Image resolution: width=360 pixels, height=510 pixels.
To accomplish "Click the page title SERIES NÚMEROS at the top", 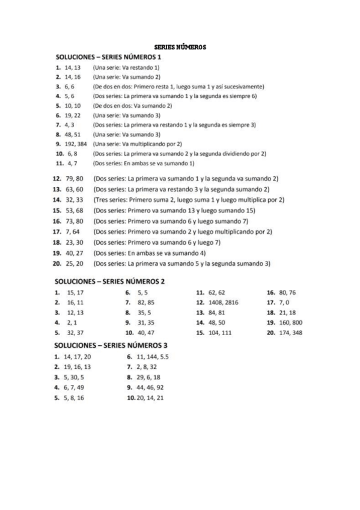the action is click(x=180, y=46).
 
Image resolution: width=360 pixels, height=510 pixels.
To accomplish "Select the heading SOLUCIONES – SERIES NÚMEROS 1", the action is click(x=108, y=57).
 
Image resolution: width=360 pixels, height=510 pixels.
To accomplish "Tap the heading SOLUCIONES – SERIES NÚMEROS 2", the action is click(x=109, y=281).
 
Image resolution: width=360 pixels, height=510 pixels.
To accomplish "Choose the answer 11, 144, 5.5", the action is click(x=152, y=357).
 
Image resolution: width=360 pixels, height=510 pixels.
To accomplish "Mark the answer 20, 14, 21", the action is click(x=150, y=398).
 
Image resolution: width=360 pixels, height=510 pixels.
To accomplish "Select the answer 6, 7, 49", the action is click(x=75, y=387).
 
